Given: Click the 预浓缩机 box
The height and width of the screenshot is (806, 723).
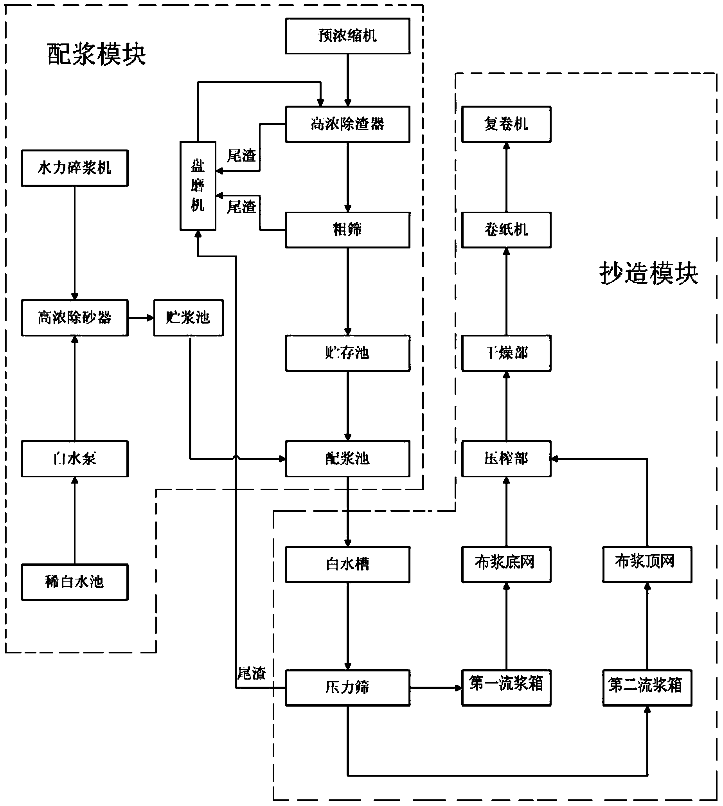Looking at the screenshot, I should pos(347,36).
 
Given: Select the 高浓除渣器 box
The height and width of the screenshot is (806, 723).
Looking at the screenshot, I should pos(347,124).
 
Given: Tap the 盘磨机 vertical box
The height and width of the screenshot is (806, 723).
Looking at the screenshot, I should pos(198,185).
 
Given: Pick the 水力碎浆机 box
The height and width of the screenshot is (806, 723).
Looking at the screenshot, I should pos(75,168).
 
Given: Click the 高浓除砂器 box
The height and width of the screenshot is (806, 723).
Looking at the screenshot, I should pos(75,318).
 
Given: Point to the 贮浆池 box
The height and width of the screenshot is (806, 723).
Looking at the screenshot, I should pos(188,318).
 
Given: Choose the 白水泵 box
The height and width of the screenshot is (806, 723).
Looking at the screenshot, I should pos(75,459).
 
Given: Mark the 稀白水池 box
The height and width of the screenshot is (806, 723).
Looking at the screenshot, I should pos(75,582).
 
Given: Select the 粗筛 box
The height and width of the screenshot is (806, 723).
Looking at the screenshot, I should pos(347,230).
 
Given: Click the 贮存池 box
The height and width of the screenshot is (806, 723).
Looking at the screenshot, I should pos(347,353).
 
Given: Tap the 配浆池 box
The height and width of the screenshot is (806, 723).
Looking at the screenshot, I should pos(347,459).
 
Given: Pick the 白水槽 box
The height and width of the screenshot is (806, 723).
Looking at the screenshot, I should pos(347,565).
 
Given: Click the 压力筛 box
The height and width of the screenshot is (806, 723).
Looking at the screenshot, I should pos(347,687).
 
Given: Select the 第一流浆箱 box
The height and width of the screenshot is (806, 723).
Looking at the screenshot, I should pos(506,687).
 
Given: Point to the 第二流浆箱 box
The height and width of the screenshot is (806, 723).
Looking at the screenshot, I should pos(647,687).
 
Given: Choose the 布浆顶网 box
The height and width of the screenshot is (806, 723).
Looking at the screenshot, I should pos(647,565).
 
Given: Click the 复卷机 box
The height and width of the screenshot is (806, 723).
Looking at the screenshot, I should pos(506,124).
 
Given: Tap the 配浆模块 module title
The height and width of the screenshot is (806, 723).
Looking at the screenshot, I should pos(97,54).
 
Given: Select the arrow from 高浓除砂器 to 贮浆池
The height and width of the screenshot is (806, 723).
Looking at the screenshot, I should pos(141,318).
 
